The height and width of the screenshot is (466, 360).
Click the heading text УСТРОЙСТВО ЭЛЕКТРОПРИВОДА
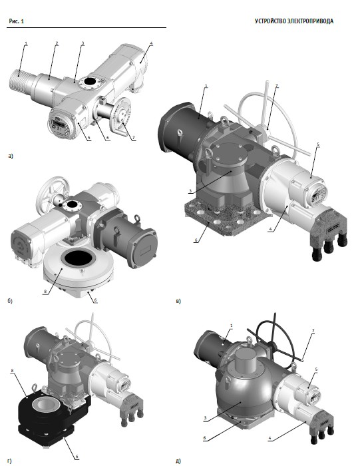(x=293, y=21)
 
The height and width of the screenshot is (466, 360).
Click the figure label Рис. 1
(x=16, y=21)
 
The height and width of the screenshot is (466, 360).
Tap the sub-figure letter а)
(x=11, y=156)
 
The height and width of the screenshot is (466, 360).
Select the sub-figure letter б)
(x=10, y=301)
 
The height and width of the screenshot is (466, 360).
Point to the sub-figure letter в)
(x=178, y=301)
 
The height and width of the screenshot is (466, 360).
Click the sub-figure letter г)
(x=10, y=461)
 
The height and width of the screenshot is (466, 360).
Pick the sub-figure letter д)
(x=178, y=461)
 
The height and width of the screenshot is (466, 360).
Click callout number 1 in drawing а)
(x=26, y=43)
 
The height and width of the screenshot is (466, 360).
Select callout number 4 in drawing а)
(x=151, y=43)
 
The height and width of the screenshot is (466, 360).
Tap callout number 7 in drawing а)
(x=133, y=138)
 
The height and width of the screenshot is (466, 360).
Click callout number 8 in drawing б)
(x=45, y=292)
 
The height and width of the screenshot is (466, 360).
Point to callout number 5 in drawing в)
(x=318, y=144)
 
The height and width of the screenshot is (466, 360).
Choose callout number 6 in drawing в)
(x=196, y=240)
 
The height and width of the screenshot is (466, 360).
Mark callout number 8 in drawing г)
(x=12, y=371)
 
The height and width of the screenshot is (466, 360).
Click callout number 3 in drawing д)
(x=205, y=418)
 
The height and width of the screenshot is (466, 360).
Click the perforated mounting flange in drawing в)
(x=226, y=219)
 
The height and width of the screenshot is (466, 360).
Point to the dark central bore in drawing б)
(x=79, y=258)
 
